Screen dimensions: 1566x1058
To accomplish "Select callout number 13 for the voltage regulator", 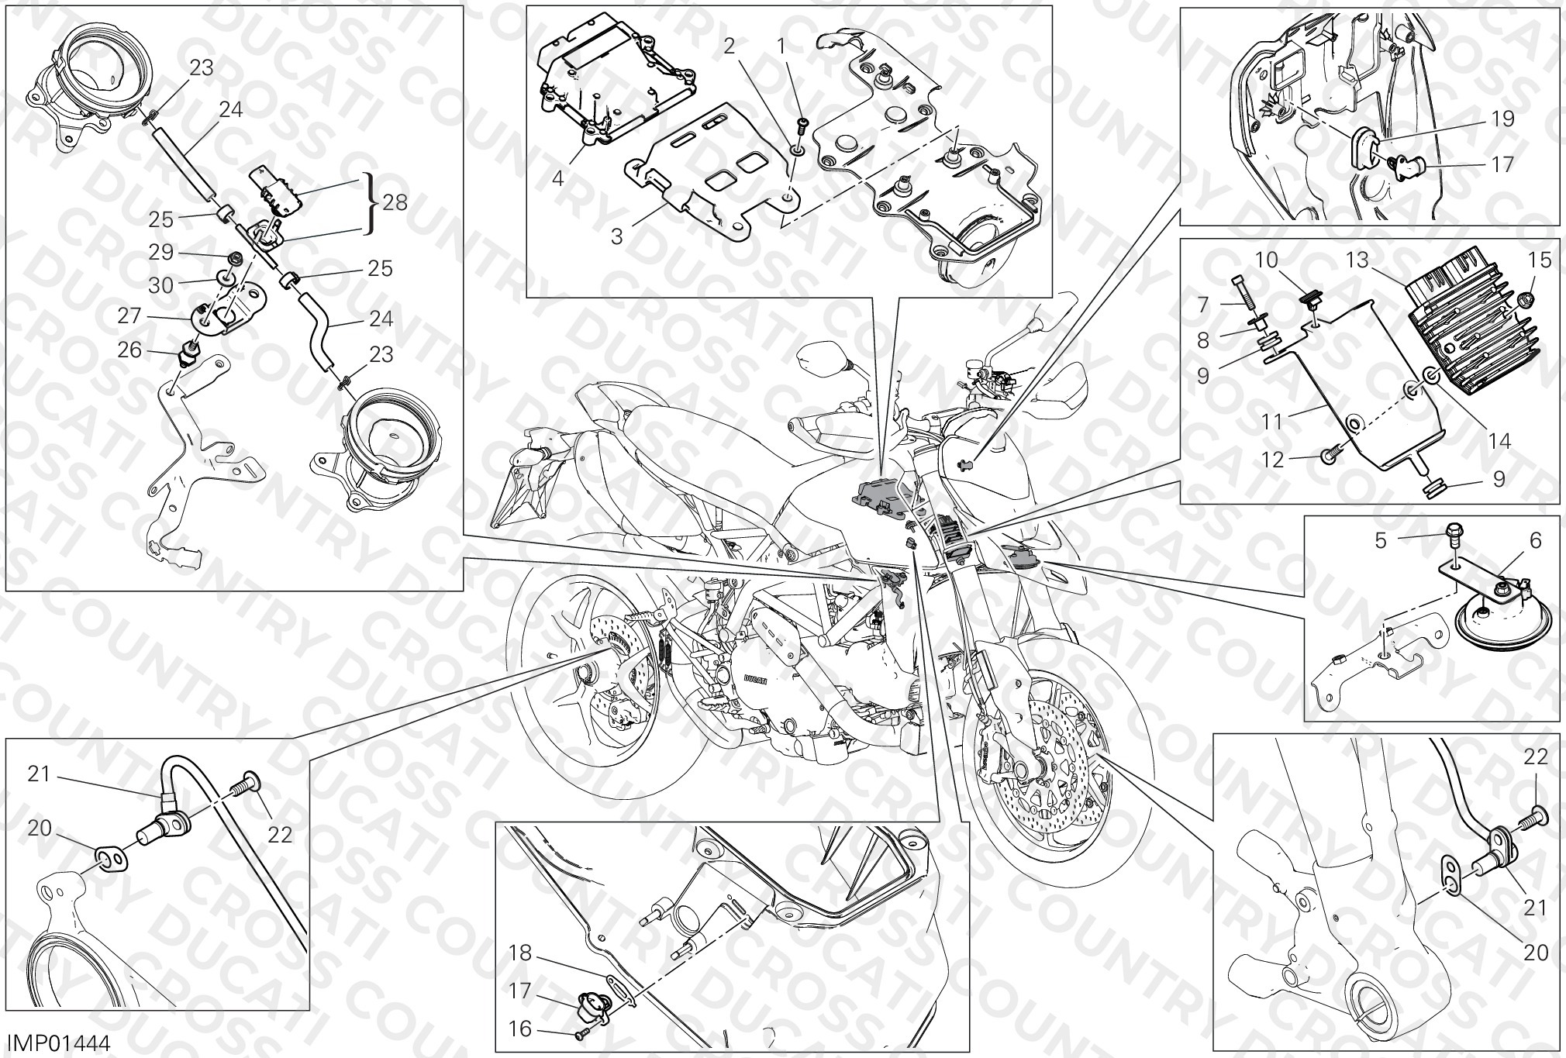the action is (1359, 261).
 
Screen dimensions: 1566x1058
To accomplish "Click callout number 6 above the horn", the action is (1514, 540).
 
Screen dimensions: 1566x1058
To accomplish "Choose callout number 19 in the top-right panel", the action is (1502, 119).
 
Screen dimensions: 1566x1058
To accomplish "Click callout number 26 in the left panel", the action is (129, 350).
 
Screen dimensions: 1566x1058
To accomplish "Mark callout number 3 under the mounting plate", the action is (617, 236).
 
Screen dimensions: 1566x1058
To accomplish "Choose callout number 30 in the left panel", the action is (160, 285).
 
